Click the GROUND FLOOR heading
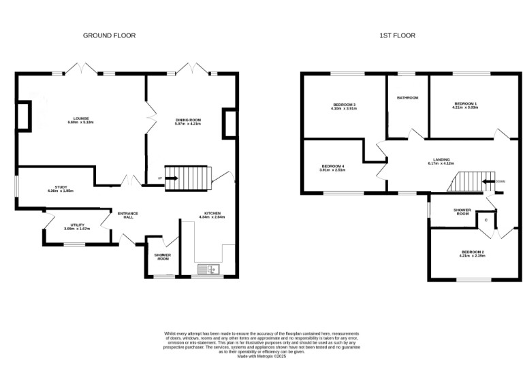click(109, 35)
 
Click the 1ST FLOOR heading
click(397, 35)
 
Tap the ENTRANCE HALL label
click(127, 216)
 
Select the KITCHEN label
click(212, 214)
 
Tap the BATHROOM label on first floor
click(407, 97)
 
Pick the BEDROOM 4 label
click(333, 167)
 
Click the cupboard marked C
click(486, 220)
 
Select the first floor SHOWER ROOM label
click(463, 212)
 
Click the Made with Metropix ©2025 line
click(262, 357)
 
